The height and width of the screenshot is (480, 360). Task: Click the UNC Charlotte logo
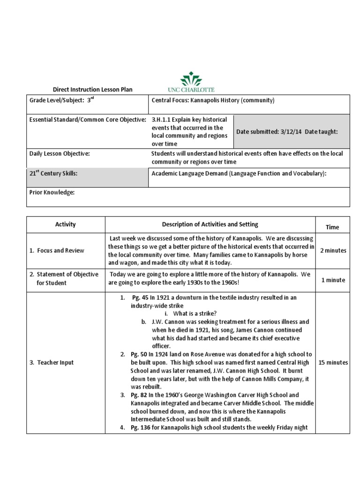191,82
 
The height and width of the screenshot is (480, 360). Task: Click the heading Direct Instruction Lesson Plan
92,89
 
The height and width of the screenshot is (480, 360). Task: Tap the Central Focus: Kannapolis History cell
213,100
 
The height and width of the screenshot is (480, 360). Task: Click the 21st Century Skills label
53,173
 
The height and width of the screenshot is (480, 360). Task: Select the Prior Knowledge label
52,192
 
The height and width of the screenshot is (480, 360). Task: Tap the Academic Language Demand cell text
239,173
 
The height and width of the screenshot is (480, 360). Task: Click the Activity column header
65,225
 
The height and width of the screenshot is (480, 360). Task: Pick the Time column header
332,227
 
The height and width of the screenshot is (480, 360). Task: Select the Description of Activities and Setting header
210,225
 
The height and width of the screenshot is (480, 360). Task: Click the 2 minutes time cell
333,250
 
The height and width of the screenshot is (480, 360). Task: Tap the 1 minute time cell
333,280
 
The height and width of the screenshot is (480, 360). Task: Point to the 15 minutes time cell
333,362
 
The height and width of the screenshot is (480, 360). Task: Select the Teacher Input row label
55,362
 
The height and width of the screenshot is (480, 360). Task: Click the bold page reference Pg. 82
139,395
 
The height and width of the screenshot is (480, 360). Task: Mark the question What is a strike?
195,313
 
